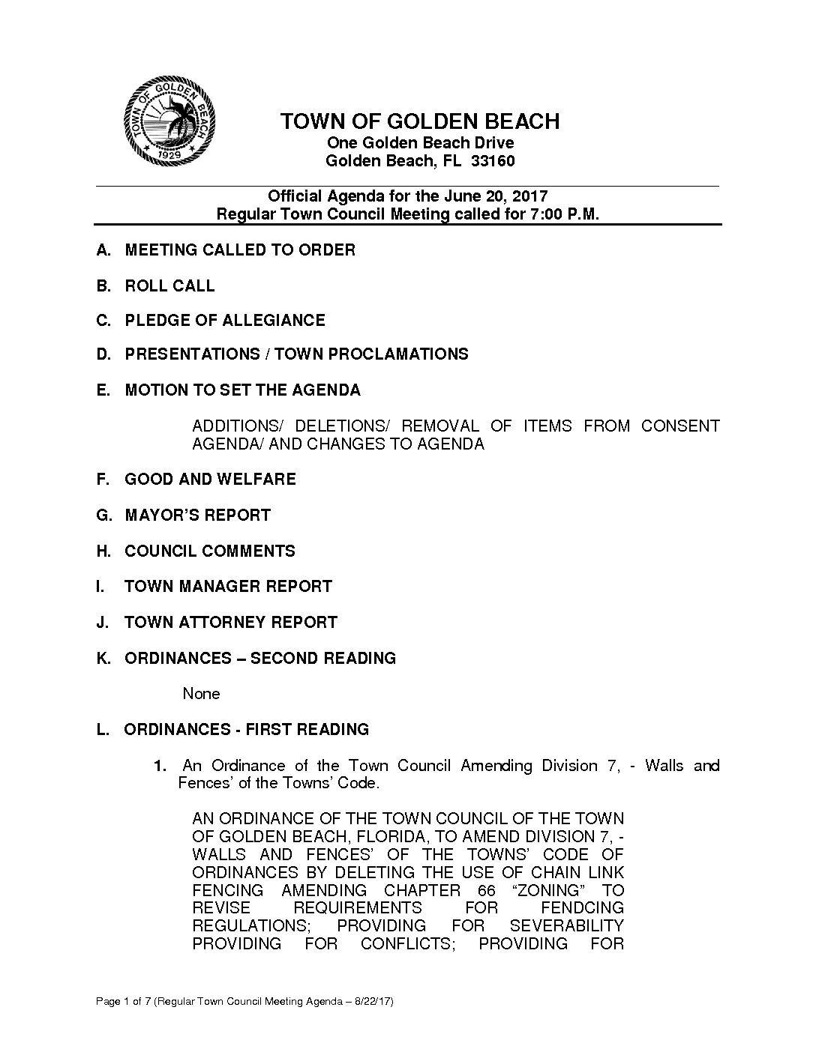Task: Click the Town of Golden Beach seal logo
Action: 170,121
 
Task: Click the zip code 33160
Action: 493,161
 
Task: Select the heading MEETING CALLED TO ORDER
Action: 240,250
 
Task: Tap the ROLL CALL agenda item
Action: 169,286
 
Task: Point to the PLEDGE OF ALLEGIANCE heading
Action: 225,321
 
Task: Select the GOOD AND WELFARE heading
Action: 210,480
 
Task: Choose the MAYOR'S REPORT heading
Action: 197,516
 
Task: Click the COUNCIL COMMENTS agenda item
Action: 210,551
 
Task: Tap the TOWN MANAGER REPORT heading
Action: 228,587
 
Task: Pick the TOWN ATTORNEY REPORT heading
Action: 231,623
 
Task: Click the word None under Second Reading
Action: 201,694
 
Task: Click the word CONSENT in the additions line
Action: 679,426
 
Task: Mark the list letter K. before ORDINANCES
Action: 103,659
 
